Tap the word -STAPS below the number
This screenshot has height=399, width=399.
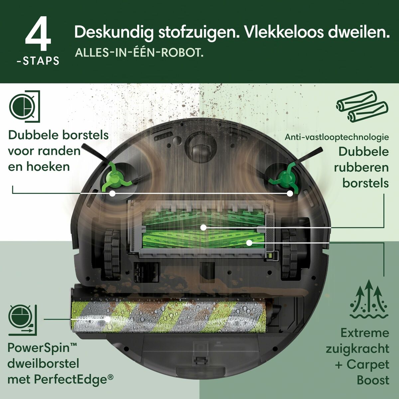tap(38, 61)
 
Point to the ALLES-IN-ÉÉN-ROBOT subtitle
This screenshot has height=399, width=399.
tap(139, 53)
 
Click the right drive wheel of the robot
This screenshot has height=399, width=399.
tap(288, 254)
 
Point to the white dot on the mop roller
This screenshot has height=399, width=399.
tap(107, 319)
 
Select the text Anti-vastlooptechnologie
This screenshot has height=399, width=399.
tap(336, 137)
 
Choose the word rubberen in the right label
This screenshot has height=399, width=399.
tap(361, 167)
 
